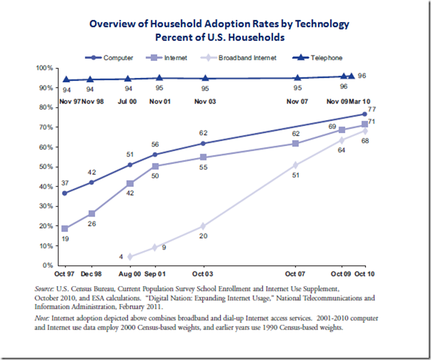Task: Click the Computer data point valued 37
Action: (x=65, y=193)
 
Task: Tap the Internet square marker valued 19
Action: (x=65, y=228)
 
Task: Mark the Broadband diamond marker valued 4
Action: (x=130, y=257)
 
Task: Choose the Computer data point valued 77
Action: (x=365, y=114)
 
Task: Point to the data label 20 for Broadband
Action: (x=204, y=237)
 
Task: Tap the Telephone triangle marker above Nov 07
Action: (x=297, y=78)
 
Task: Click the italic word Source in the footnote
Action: (x=44, y=288)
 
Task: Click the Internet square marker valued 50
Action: (x=155, y=166)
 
